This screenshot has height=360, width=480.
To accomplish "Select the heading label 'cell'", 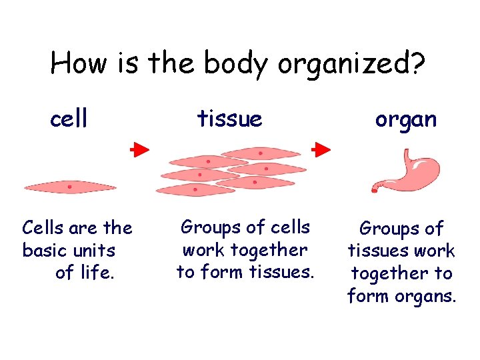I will point(69,119).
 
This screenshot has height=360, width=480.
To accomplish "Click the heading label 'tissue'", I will point(229,119).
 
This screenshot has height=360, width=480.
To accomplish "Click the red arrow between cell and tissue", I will point(139,150).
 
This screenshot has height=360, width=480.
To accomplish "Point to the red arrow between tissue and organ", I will point(322,149).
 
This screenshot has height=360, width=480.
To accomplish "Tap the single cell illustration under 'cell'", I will point(70,187).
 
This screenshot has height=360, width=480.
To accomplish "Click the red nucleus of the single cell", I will point(69,187).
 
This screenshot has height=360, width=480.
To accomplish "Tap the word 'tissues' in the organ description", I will point(379,251).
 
